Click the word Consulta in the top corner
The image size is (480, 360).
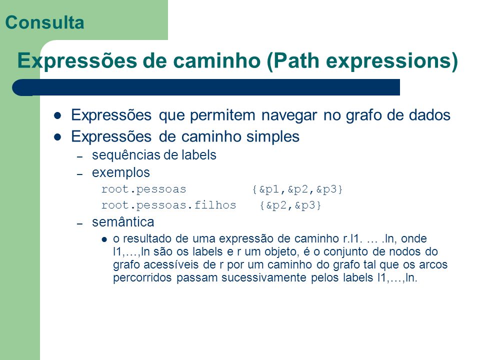click(44, 22)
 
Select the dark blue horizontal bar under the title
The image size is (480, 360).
click(205, 87)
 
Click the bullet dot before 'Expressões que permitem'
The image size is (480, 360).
click(57, 115)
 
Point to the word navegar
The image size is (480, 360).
click(289, 115)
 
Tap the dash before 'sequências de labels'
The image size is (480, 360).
click(80, 156)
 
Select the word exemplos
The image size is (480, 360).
click(121, 172)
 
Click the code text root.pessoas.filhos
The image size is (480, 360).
click(168, 205)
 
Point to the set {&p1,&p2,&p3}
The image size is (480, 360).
click(297, 189)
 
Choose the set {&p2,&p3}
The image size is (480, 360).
click(290, 205)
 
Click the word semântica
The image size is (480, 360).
click(123, 222)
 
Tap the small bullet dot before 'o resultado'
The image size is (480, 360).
click(104, 239)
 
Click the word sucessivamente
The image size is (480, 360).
click(264, 277)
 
